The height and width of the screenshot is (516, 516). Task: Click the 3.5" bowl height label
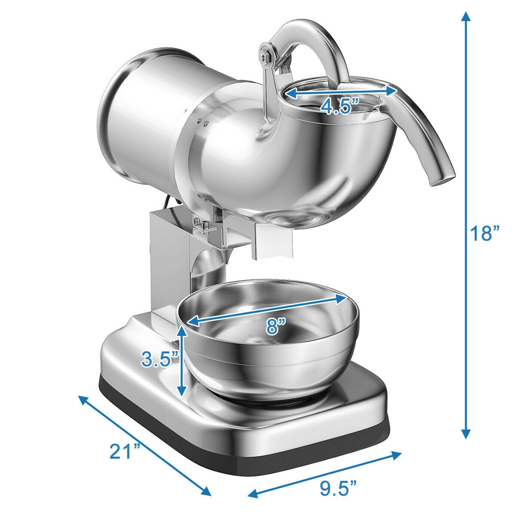pos(160,359)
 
